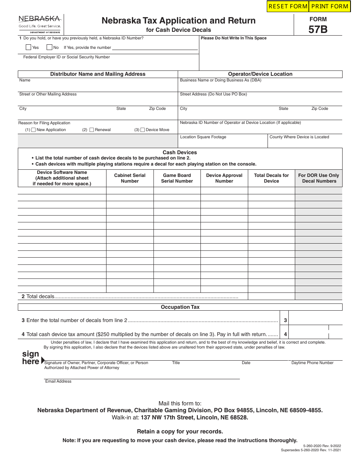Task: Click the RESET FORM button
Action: coord(288,6)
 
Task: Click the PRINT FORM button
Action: coord(330,6)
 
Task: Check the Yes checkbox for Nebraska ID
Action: coord(28,47)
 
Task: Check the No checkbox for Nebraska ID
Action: coord(49,47)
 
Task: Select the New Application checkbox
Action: coord(33,130)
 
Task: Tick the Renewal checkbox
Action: coord(92,130)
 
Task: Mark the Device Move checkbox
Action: coord(142,130)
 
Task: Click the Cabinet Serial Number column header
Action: coord(130,178)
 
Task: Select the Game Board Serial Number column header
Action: coord(177,178)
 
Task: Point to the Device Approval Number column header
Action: coord(224,178)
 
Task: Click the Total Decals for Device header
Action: coord(271,178)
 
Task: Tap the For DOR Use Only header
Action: coord(319,178)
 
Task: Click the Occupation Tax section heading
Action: coord(180,307)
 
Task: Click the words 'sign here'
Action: coord(31,358)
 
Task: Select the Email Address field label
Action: coord(58,381)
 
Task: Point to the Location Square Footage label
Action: coord(203,137)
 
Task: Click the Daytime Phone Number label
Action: coord(312,363)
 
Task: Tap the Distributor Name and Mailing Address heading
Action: coord(98,74)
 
